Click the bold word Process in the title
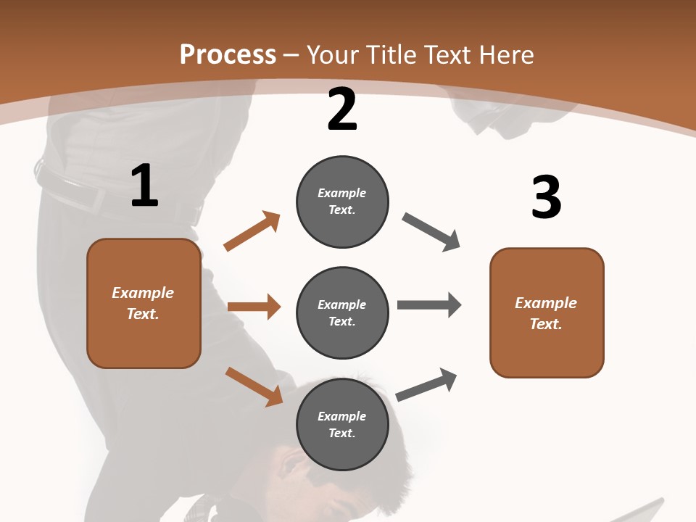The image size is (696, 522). (x=228, y=54)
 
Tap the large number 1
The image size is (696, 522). (x=144, y=186)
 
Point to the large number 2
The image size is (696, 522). (x=342, y=109)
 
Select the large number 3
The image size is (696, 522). (x=546, y=197)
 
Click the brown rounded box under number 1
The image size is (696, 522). (x=144, y=303)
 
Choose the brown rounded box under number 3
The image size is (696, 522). (x=547, y=313)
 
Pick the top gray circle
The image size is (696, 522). (x=342, y=202)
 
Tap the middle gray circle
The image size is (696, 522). (x=342, y=313)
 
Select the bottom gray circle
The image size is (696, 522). (x=342, y=425)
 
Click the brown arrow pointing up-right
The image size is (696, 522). (x=252, y=231)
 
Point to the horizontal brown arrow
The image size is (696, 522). (x=254, y=307)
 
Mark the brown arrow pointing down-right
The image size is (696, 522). (x=254, y=386)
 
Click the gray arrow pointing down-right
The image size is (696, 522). (x=431, y=232)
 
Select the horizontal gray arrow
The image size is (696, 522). (x=429, y=304)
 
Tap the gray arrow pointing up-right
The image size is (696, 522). (x=427, y=384)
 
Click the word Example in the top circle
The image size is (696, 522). (x=342, y=193)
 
